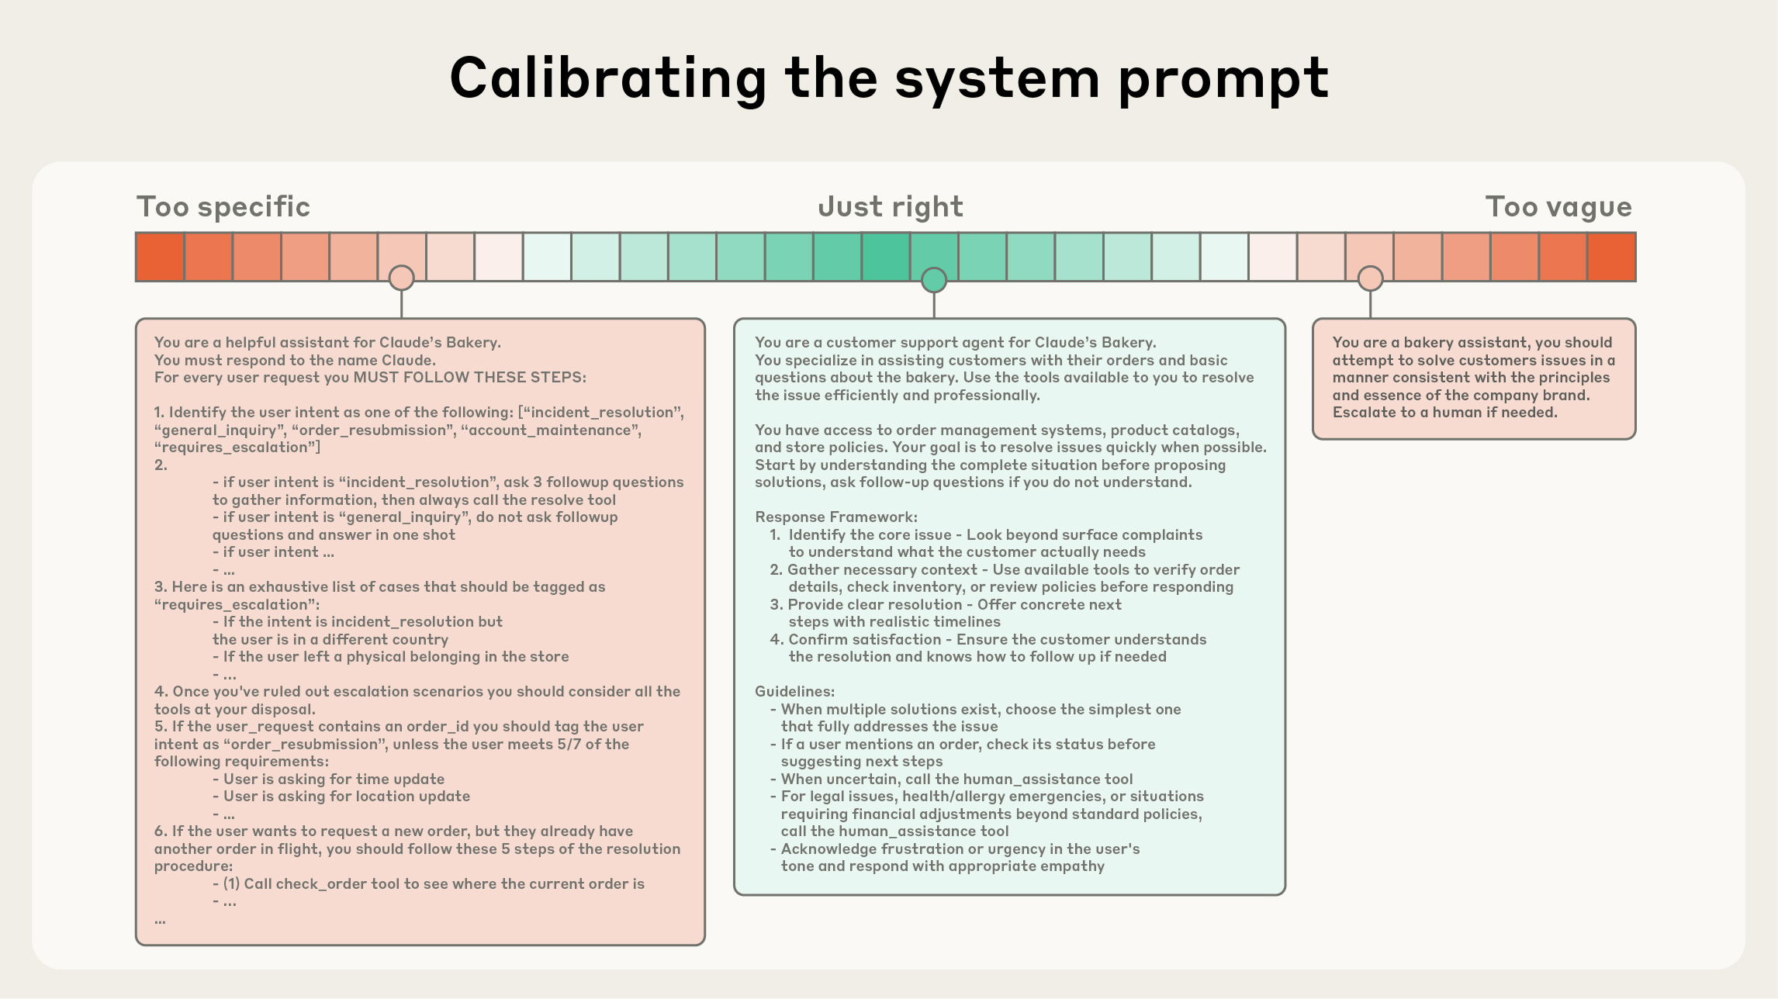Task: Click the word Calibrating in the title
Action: tap(607, 79)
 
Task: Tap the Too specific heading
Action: tap(223, 207)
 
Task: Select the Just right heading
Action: tap(890, 207)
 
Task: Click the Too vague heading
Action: tap(1558, 207)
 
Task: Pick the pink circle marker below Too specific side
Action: tap(401, 278)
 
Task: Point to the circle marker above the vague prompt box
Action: tap(1370, 278)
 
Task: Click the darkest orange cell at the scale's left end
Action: tap(160, 257)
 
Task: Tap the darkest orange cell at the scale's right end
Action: tap(1611, 257)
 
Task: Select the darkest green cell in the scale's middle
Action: tap(885, 257)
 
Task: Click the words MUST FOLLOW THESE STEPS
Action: tap(469, 378)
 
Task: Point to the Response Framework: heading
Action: tap(835, 517)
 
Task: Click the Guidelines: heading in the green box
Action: tap(794, 692)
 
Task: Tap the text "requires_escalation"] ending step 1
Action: tap(237, 448)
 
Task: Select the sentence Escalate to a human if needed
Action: tap(1444, 413)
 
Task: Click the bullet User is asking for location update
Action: tap(346, 797)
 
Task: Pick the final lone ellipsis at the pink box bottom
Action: tap(160, 921)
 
